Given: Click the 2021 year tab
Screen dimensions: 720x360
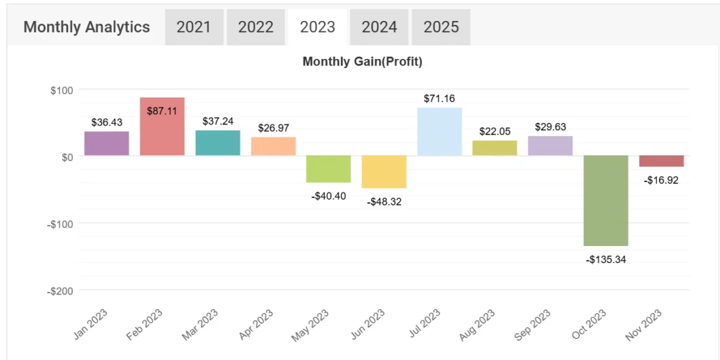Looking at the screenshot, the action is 194,27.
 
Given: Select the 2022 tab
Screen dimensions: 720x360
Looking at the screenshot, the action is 255,27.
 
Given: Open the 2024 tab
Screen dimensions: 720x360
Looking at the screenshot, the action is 379,27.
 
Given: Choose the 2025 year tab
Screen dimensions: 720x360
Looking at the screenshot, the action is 441,27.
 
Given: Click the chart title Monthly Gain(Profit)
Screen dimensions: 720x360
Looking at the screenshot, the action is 363,62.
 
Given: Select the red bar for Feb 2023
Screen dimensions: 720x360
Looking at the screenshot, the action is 162,126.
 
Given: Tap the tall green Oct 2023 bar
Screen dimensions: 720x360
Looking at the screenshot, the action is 606,201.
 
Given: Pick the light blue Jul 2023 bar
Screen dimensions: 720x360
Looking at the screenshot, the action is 439,132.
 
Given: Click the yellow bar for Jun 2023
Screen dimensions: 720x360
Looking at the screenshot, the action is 384,171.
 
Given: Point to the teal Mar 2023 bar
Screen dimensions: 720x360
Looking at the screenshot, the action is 218,143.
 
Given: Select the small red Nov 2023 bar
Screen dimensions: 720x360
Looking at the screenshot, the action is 662,161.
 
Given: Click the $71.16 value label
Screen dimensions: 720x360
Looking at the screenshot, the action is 440,98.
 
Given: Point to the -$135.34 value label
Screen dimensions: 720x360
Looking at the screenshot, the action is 606,260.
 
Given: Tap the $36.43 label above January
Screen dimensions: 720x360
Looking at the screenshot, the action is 107,122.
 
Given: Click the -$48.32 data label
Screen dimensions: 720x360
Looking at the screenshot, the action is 384,202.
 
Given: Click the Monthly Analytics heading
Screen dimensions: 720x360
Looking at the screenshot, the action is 87,27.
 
